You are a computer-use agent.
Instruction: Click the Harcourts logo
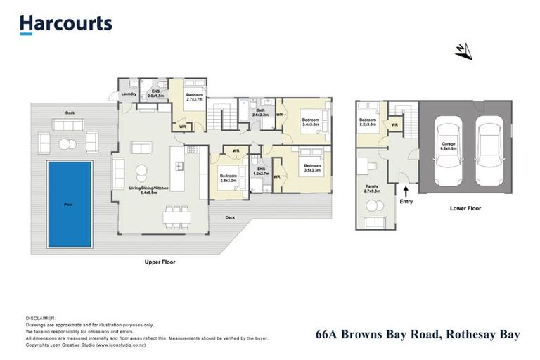(x=65, y=24)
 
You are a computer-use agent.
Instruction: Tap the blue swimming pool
(x=70, y=204)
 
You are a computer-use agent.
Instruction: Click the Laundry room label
(x=129, y=94)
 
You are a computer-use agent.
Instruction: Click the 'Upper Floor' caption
(x=160, y=262)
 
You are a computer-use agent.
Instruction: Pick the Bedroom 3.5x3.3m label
(x=311, y=167)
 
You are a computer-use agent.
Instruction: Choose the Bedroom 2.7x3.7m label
(x=195, y=97)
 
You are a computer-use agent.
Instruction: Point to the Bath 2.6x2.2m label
(x=260, y=112)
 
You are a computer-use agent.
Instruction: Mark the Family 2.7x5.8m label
(x=373, y=188)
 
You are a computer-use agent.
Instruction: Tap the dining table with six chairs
(x=176, y=215)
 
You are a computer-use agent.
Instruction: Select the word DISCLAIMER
(x=39, y=318)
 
